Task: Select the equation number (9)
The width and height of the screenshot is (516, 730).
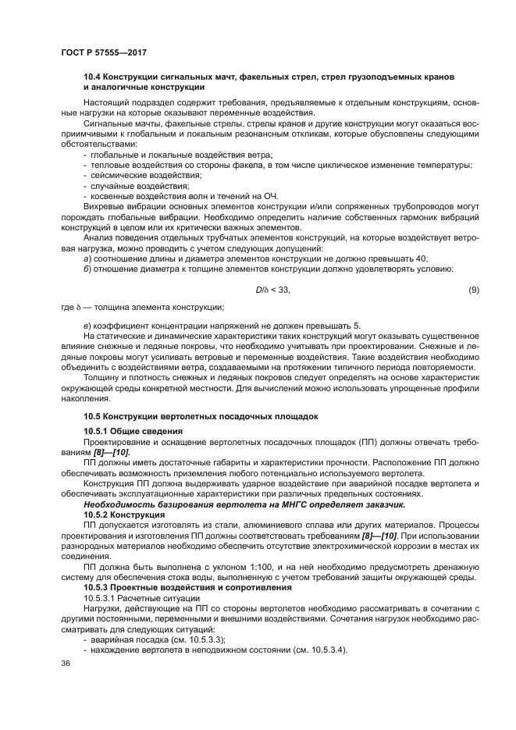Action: tap(473, 290)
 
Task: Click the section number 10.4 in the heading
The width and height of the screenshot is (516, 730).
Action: tap(93, 77)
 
